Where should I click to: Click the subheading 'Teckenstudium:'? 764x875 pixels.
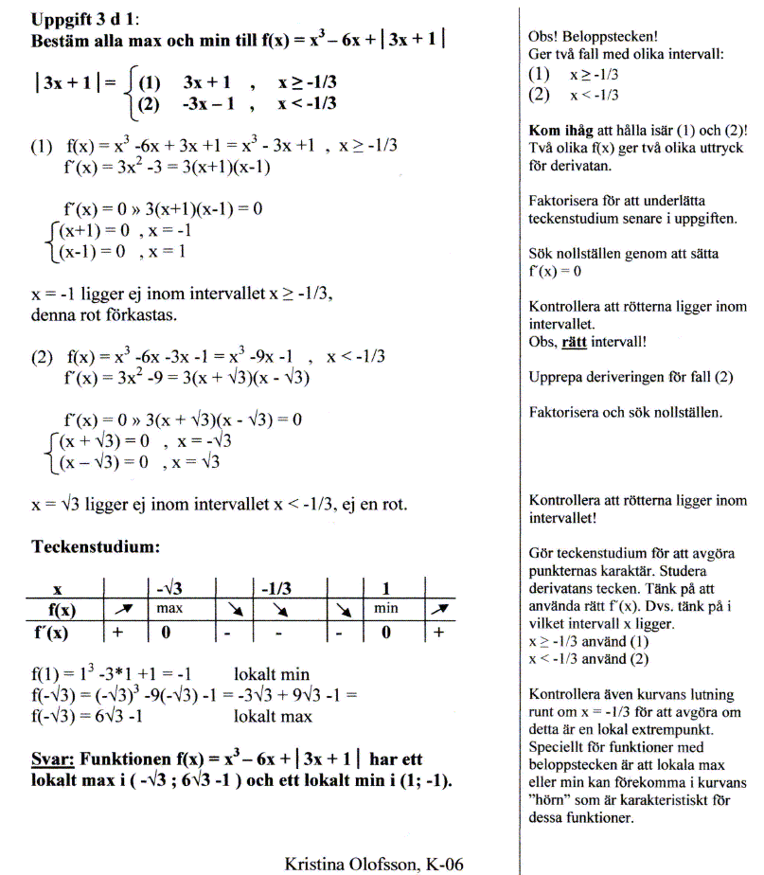click(x=92, y=546)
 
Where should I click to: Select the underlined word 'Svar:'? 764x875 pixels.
click(x=53, y=759)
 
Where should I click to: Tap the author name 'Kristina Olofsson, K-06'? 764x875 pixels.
click(x=374, y=864)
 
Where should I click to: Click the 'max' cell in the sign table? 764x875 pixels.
click(x=169, y=606)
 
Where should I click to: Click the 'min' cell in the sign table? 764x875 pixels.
click(x=385, y=606)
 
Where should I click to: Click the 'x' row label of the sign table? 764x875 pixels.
click(x=57, y=587)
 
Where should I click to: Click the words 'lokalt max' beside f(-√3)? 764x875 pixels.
click(x=273, y=716)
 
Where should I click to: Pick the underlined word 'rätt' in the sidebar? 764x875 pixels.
click(x=574, y=342)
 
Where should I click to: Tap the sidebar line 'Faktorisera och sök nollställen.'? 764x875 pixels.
click(x=626, y=413)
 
